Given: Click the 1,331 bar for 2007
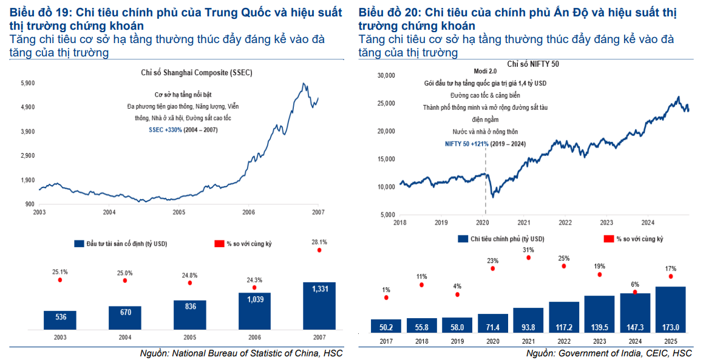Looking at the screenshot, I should (319, 306).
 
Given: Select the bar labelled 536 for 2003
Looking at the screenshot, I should (59, 320).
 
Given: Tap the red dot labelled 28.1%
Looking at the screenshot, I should (319, 250).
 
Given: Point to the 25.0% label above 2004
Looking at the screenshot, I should (124, 273).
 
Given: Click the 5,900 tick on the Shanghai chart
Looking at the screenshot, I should (28, 83).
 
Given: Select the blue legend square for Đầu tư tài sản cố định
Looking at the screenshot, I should (78, 243).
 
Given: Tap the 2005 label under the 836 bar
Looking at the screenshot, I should (190, 338).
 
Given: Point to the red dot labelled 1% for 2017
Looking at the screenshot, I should (386, 298).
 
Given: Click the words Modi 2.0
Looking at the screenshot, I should (484, 71).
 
